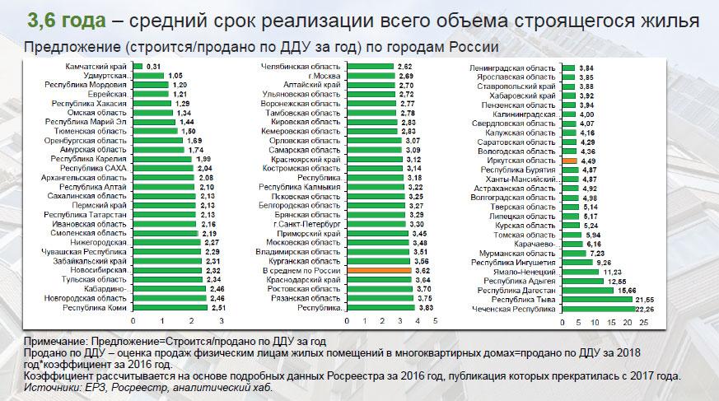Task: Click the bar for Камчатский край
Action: coord(138,67)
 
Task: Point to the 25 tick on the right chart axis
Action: coord(643,321)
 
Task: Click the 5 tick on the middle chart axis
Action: coord(433,321)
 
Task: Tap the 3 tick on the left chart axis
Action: coord(221,321)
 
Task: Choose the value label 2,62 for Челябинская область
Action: coord(404,67)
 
